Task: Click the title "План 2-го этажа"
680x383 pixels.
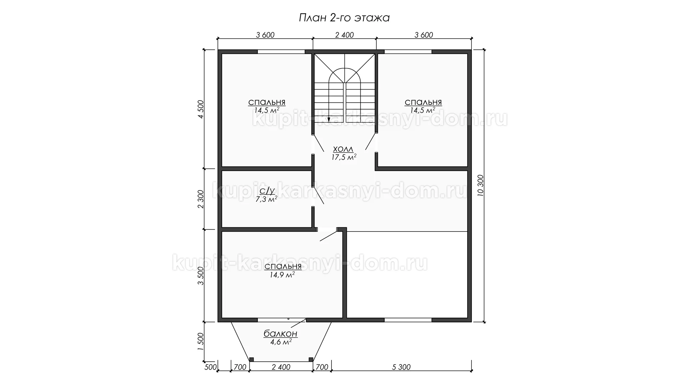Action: point(344,18)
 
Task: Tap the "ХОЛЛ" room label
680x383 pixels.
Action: point(343,149)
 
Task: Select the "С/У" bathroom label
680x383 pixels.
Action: point(267,191)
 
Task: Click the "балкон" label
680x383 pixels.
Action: point(280,334)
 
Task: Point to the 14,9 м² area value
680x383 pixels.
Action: point(282,274)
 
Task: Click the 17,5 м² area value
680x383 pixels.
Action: point(344,157)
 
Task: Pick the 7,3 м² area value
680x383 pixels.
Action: point(266,199)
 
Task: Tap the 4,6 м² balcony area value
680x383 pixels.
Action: point(281,342)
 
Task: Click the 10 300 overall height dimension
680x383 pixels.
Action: point(481,186)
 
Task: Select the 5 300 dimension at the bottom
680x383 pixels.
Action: point(402,367)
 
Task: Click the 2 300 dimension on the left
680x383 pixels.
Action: point(201,199)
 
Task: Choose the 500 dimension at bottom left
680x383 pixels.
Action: point(210,367)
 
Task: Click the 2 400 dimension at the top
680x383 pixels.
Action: point(344,35)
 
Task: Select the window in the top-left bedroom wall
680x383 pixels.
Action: point(281,52)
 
